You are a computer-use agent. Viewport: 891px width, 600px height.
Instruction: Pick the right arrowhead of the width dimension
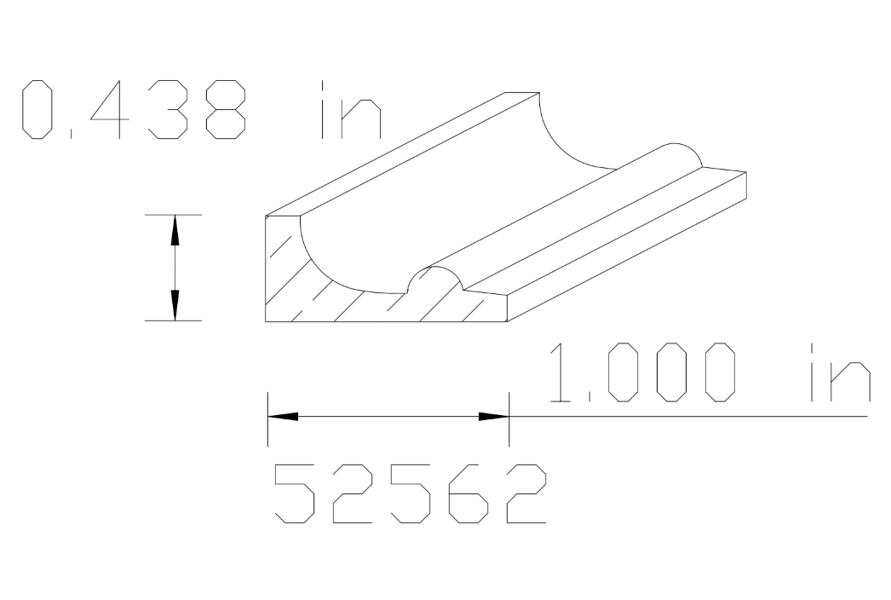click(493, 417)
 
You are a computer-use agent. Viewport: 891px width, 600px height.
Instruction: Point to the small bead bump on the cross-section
click(435, 277)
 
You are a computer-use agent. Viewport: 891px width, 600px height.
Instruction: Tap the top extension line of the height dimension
click(172, 215)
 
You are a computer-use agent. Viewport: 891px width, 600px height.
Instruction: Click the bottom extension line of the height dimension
click(172, 320)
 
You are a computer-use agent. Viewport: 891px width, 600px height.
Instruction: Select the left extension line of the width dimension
click(267, 418)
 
